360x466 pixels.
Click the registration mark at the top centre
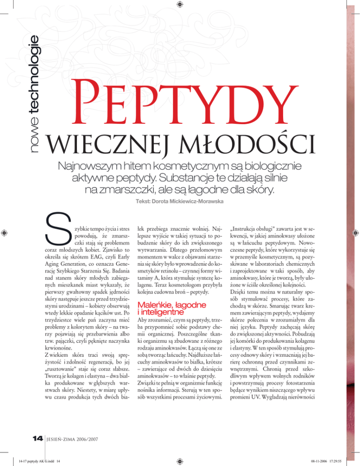(x=180, y=5)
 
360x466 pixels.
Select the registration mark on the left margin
(x=5, y=233)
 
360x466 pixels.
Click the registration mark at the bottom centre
(x=180, y=460)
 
